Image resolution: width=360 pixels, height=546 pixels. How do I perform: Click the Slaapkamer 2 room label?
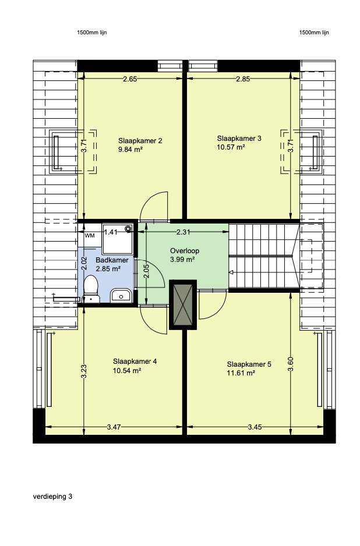pos(140,141)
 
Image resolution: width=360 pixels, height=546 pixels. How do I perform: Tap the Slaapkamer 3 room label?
pos(239,138)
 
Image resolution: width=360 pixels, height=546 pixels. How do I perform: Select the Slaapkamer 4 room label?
pos(135,361)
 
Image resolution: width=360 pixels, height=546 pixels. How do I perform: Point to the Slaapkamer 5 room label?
pos(249,364)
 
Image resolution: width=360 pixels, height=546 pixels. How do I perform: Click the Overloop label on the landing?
pos(185,251)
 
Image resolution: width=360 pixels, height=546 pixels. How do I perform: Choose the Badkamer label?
pos(112,260)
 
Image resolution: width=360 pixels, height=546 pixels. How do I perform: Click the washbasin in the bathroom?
pos(121,296)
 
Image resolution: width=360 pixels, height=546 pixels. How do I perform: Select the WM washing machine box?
pos(90,236)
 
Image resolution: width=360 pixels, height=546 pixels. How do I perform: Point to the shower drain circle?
pos(129,229)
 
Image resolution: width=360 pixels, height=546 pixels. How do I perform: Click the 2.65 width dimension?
pos(130,79)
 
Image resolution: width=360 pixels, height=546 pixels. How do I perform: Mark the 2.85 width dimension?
pos(243,79)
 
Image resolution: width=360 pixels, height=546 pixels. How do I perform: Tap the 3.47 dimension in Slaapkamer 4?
pos(114,427)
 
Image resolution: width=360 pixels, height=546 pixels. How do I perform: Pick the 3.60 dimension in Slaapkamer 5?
pos(291,364)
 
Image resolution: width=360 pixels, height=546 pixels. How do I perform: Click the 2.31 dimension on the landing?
pos(183,232)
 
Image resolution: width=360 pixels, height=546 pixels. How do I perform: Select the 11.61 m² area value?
pos(241,373)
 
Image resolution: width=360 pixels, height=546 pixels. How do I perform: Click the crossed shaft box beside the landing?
pos(183,304)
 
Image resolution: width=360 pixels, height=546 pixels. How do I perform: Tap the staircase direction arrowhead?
pos(231,272)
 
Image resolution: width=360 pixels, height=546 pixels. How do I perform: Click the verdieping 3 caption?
pos(52,497)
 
